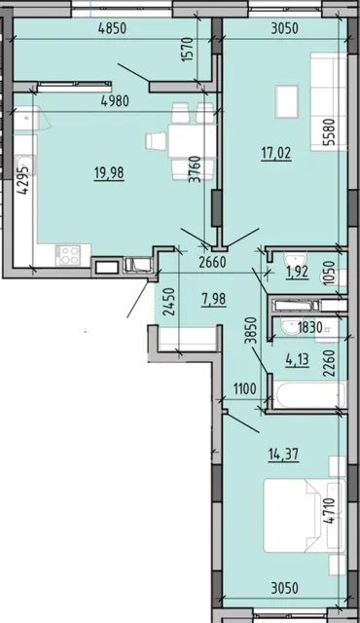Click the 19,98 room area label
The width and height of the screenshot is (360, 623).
tap(109, 173)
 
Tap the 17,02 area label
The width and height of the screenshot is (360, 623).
tap(276, 153)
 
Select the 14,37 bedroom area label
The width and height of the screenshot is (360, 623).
tap(283, 454)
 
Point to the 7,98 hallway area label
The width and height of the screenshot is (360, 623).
tap(214, 299)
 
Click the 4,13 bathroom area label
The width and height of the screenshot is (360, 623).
tap(298, 360)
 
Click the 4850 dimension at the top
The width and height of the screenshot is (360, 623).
tap(113, 28)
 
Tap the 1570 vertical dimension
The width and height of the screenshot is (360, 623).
tap(187, 49)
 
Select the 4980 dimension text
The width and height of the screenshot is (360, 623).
tap(115, 101)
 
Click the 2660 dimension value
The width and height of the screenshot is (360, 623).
tap(212, 263)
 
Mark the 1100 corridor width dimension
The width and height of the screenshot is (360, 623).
tap(244, 388)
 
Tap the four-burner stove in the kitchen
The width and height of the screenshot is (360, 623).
tap(68, 255)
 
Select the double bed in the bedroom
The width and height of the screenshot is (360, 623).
tap(304, 515)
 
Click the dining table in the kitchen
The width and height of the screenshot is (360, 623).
tap(192, 140)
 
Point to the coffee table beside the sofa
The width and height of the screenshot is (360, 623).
tap(287, 101)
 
